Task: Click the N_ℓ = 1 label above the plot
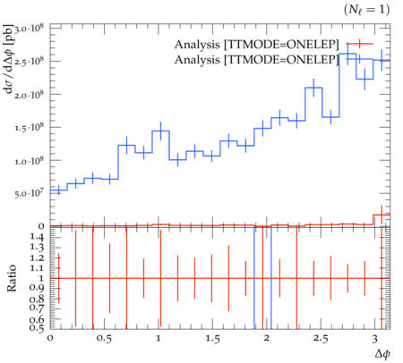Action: tap(367, 10)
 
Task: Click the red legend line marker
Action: tap(360, 44)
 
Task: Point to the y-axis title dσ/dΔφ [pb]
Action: tap(9, 59)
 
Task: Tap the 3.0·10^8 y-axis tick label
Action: tap(29, 30)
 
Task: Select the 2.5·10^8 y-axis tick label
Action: tap(29, 63)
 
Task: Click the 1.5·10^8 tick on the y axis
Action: tap(29, 129)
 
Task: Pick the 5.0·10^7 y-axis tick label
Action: tap(29, 194)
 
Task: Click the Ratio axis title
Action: tap(12, 278)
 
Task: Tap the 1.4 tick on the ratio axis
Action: tap(37, 237)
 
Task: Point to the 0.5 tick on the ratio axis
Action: tap(37, 328)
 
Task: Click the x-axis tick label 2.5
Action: tap(321, 339)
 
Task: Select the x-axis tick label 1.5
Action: tap(212, 339)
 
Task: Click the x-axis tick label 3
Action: tap(374, 339)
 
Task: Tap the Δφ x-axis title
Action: tap(382, 354)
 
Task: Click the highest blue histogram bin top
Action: tap(347, 54)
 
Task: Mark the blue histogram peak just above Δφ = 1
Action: tap(160, 131)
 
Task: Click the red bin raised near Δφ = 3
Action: tap(382, 215)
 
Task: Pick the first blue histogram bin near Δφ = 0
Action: tap(58, 190)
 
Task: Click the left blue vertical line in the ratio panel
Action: tap(254, 278)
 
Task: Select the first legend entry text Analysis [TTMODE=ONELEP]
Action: tap(257, 45)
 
